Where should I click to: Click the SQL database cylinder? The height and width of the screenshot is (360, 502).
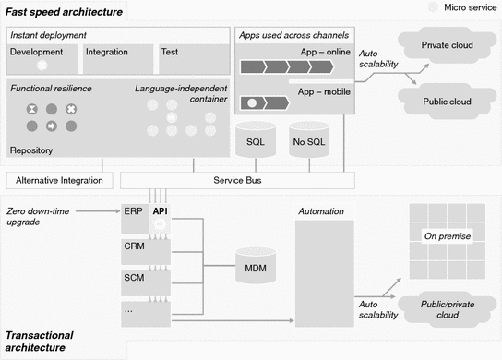click(x=256, y=142)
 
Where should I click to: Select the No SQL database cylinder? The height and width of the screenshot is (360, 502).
click(x=309, y=142)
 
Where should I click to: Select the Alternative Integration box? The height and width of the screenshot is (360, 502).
click(x=59, y=179)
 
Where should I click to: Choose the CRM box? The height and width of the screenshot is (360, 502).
click(x=134, y=246)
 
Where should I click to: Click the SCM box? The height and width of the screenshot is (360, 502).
click(x=134, y=277)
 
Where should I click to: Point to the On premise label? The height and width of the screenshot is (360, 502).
click(x=447, y=236)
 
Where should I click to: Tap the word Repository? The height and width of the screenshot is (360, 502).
click(x=31, y=150)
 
